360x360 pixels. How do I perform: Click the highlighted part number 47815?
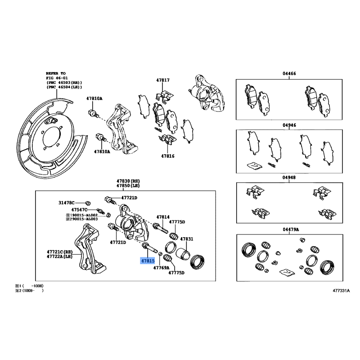[148, 261]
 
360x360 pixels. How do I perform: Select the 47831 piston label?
[186, 239]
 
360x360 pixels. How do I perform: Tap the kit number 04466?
[289, 73]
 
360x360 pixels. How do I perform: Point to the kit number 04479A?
[291, 229]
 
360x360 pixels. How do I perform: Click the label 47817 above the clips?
[163, 80]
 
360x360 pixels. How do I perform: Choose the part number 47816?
[167, 156]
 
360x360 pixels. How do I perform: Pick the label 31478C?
[66, 202]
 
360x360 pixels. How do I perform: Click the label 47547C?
[79, 210]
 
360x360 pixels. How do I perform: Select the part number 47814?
[163, 217]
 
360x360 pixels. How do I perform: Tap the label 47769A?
[161, 267]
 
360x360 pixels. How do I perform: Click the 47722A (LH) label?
[59, 256]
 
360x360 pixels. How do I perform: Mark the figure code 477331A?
[341, 291]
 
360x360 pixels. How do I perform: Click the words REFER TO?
[55, 73]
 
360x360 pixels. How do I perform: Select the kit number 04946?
[289, 125]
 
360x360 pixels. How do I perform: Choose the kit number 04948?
[289, 177]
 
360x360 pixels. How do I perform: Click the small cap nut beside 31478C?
[88, 203]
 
